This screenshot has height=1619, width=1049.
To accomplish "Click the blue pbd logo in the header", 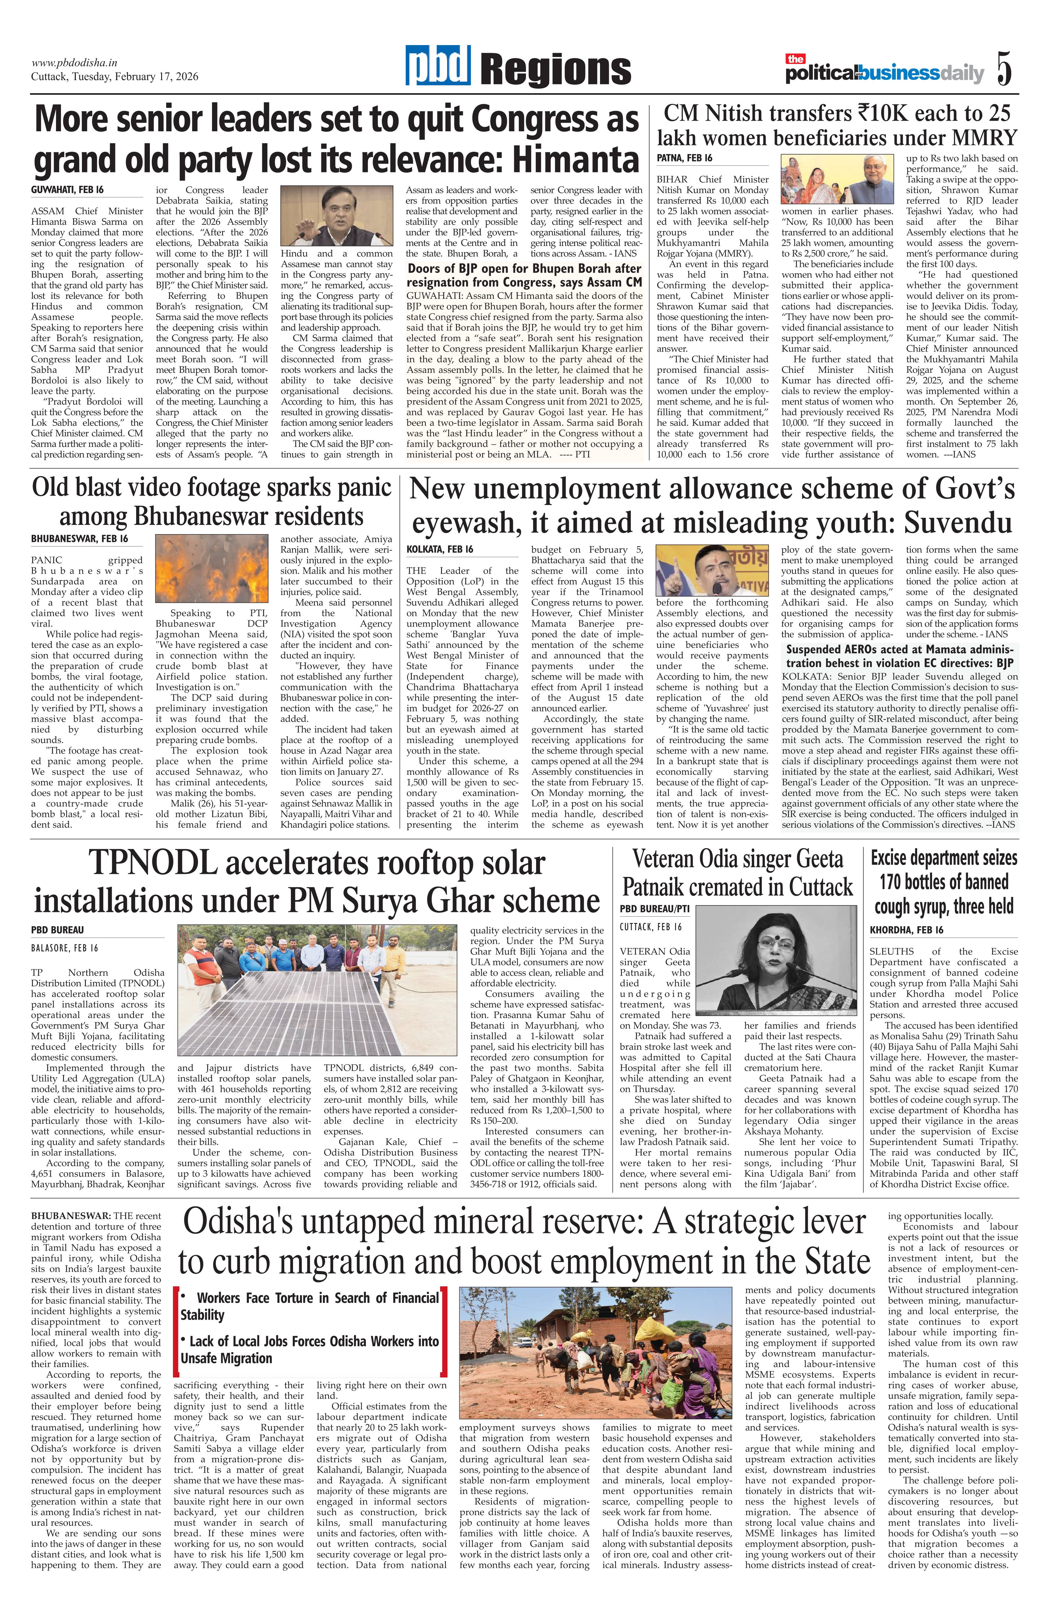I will [439, 68].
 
